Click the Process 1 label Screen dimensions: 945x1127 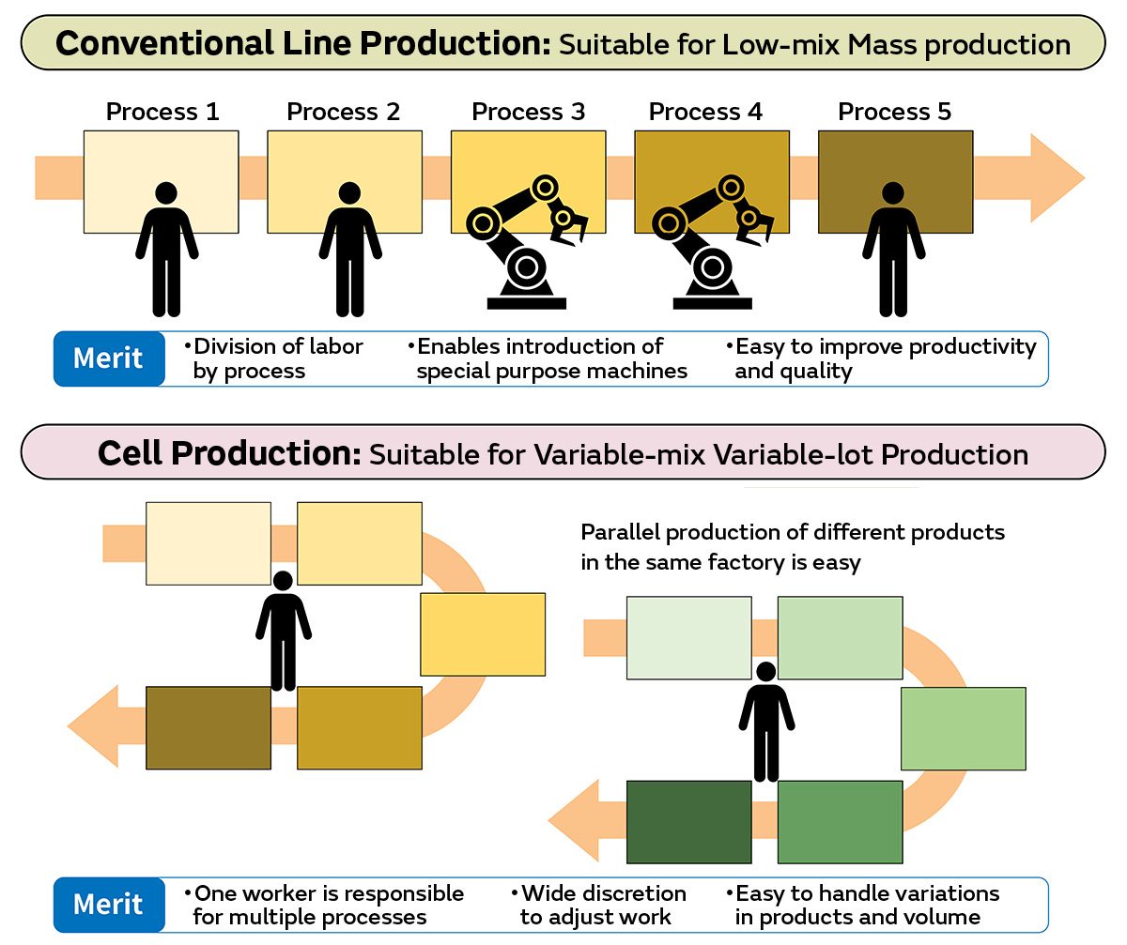[162, 113]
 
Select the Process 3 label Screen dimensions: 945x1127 [528, 113]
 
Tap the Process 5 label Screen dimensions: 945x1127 [894, 113]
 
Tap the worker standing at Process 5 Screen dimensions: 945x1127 [893, 249]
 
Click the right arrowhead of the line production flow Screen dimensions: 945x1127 [1056, 178]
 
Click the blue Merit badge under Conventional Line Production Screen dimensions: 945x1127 [109, 358]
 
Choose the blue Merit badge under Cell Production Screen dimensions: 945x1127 [109, 905]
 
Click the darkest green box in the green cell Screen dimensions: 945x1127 [688, 821]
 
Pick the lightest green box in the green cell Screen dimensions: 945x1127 [688, 637]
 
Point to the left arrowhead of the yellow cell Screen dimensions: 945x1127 [94, 726]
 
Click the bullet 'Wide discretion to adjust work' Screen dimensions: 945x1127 [602, 905]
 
